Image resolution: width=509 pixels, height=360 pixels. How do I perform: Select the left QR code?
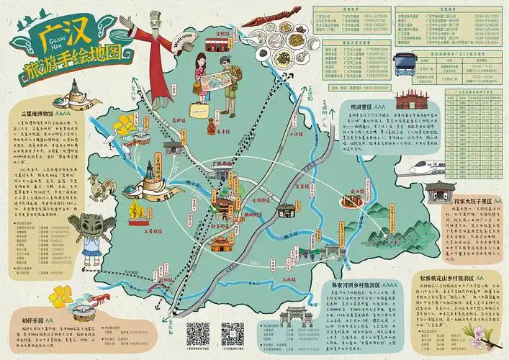click(x=197, y=333)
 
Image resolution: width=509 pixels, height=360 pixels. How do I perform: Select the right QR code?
click(x=233, y=333)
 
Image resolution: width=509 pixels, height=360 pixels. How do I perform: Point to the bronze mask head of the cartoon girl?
click(x=92, y=225)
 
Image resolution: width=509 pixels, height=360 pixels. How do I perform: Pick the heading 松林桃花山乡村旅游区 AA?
click(x=461, y=276)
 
